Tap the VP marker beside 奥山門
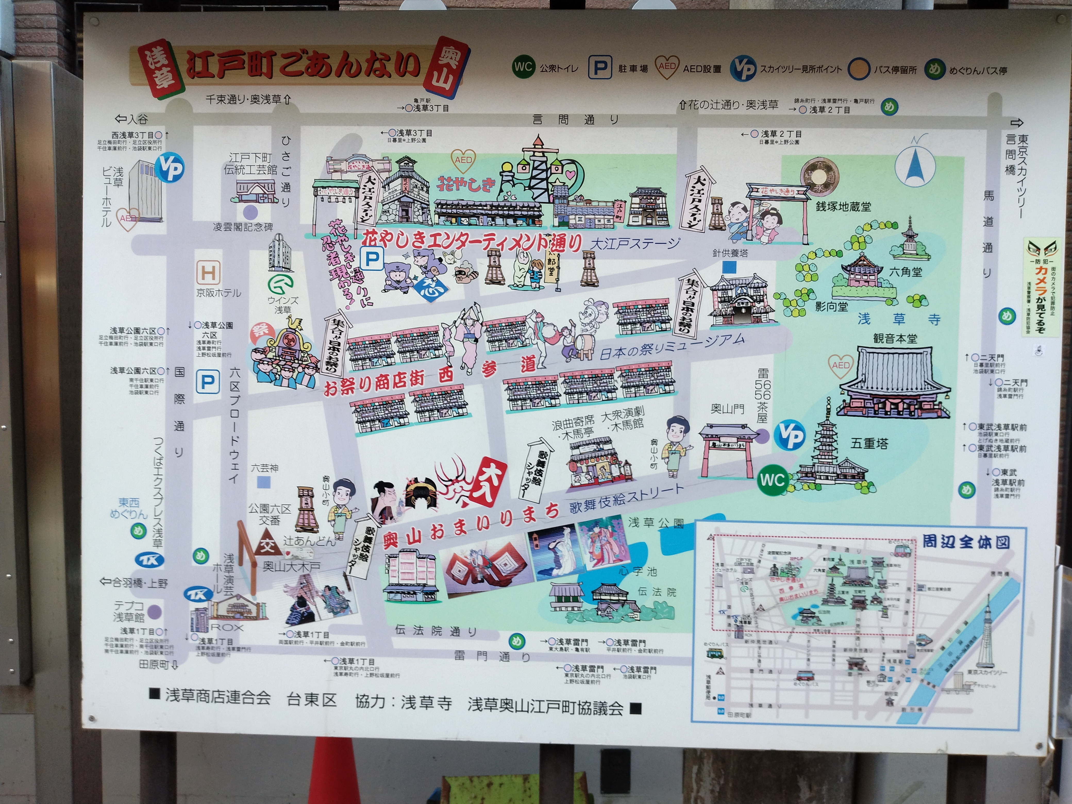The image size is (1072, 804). pos(790,435)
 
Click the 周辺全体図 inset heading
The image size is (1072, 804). pos(966,541)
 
